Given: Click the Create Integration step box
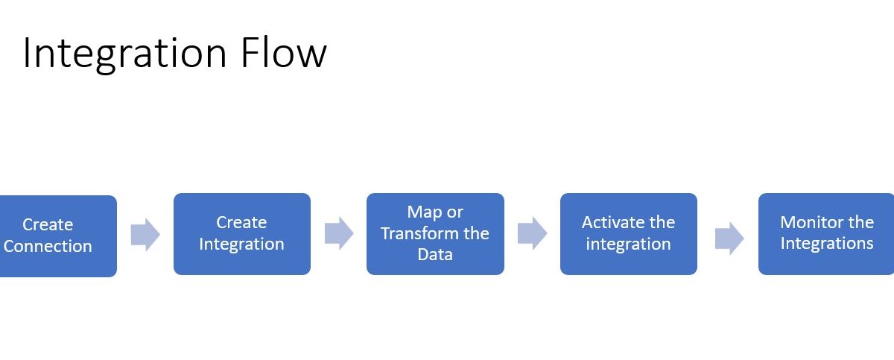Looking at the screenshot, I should coord(241,233).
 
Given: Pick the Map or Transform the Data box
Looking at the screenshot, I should coord(435,233).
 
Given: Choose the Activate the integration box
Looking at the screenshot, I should coord(628,233).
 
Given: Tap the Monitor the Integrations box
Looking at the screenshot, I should coord(826,233).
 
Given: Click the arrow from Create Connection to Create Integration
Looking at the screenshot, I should coord(145,235).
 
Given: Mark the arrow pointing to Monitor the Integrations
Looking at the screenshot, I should coord(729,238).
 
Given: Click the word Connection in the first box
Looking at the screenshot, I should coord(48,246).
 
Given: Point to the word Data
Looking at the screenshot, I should coord(435,254).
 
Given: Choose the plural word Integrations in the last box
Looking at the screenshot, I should coord(826,244).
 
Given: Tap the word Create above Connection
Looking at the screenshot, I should coord(48,224).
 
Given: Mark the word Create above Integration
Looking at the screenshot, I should coord(241,222).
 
